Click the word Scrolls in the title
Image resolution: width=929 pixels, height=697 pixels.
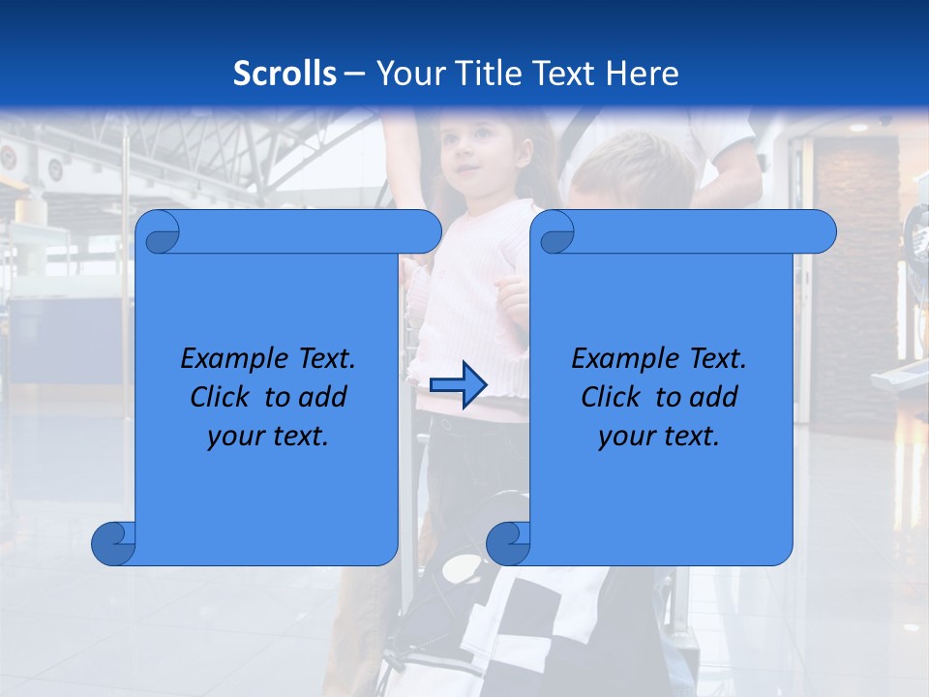285,74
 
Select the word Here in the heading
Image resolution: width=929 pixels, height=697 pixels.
643,74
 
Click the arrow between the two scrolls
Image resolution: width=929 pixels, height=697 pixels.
458,385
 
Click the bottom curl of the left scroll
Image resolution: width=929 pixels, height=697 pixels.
114,543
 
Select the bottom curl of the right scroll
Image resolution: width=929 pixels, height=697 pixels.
508,543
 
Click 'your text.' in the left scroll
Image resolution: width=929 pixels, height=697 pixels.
268,437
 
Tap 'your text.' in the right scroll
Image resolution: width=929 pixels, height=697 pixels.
659,437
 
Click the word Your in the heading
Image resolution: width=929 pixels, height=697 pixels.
406,74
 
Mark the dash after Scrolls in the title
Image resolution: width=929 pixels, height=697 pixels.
354,74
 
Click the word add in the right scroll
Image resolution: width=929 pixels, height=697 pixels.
714,397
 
